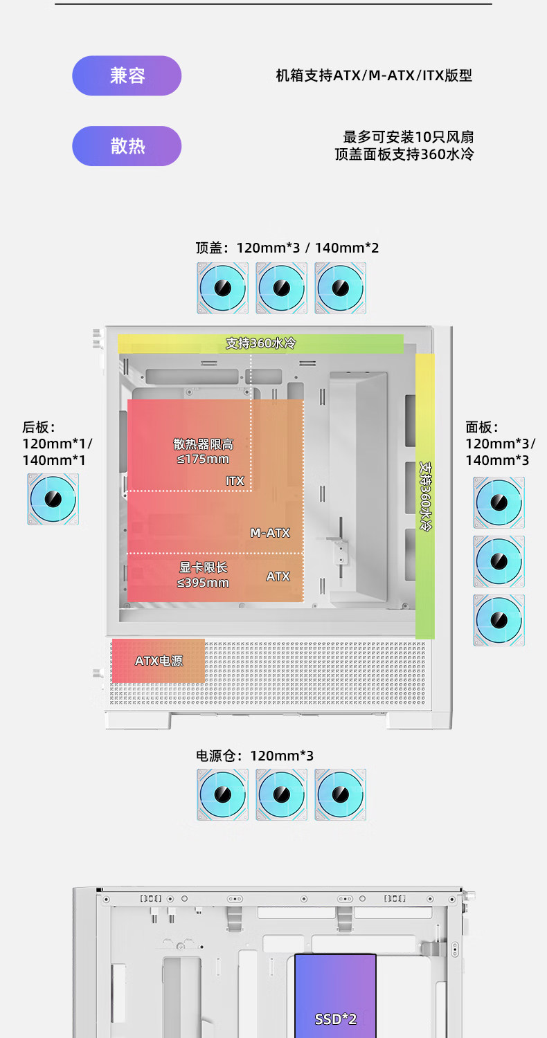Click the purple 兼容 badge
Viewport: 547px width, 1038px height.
127,75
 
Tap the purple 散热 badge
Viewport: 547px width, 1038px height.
127,146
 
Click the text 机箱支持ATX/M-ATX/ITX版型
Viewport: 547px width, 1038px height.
374,75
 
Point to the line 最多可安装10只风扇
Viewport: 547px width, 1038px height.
409,137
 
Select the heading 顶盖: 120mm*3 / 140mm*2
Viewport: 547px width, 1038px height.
287,248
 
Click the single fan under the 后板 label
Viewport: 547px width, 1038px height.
53,499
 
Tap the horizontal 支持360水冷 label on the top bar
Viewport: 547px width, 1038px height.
260,343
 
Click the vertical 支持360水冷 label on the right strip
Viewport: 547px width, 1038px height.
425,496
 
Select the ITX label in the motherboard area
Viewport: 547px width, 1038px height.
235,480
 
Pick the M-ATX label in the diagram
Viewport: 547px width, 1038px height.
270,533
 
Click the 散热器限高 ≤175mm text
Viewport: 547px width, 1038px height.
203,451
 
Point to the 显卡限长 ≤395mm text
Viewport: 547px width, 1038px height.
203,574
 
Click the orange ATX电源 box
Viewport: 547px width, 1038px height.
159,661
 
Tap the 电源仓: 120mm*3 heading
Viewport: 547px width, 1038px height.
255,756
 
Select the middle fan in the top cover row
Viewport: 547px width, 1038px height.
281,288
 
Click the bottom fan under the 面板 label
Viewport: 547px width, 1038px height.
499,620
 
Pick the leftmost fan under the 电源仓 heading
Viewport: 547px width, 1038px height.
222,794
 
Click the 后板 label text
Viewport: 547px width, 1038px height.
39,428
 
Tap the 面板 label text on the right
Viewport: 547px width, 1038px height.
482,428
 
